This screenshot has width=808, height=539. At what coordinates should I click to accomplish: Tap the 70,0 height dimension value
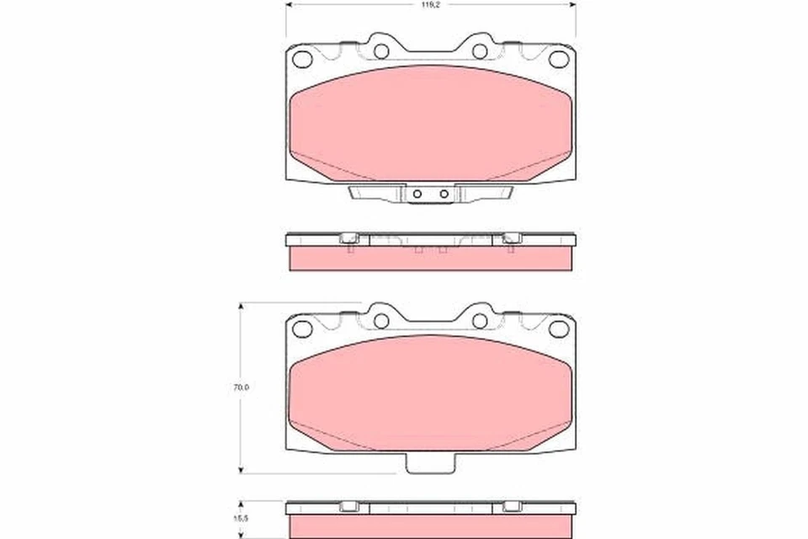point(240,388)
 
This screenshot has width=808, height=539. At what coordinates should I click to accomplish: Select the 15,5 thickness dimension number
point(240,520)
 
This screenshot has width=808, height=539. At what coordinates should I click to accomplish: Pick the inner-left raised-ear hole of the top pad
point(381,51)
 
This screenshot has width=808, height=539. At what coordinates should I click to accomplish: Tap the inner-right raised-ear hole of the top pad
point(480,51)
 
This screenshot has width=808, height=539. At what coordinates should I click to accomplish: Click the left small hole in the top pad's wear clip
point(418,194)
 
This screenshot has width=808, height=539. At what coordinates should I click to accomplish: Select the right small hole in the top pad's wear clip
point(442,194)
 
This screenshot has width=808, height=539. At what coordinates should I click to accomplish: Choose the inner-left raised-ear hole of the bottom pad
point(381,320)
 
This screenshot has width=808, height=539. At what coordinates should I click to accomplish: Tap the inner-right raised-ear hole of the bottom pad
point(480,320)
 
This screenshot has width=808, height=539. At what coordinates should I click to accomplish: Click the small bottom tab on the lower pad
point(431,463)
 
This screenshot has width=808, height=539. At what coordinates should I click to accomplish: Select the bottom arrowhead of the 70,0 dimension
point(242,468)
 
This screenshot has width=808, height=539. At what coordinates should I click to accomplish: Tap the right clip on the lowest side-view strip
point(510,507)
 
